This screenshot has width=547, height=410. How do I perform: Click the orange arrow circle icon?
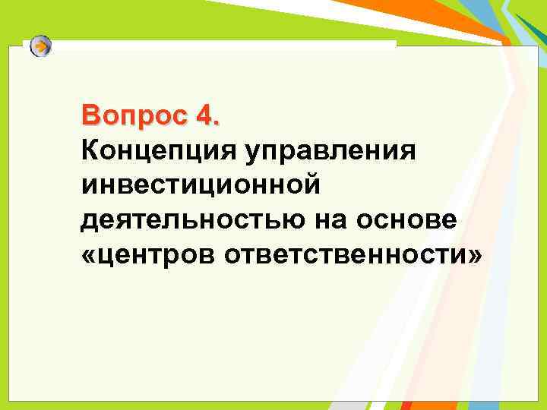coord(41,47)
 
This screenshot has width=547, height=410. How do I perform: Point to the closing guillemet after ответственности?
coord(475,254)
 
